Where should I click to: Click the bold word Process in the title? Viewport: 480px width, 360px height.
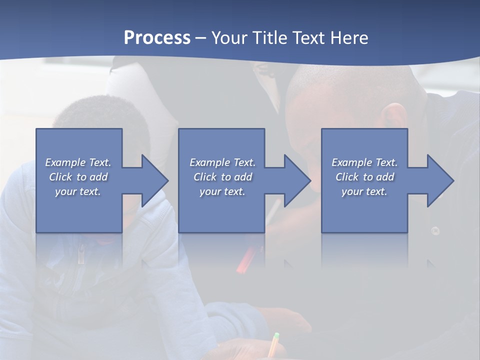[x=157, y=38]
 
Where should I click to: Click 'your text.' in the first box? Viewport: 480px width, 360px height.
[x=78, y=191]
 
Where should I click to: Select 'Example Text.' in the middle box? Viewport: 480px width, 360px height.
[x=222, y=162]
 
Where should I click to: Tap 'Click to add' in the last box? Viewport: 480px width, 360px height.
[x=365, y=177]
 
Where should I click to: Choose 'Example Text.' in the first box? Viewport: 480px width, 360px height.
[x=78, y=162]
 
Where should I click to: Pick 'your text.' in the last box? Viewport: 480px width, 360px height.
[x=364, y=191]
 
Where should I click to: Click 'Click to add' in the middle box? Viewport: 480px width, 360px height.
[x=222, y=177]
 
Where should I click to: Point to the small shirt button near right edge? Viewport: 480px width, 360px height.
[x=435, y=230]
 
